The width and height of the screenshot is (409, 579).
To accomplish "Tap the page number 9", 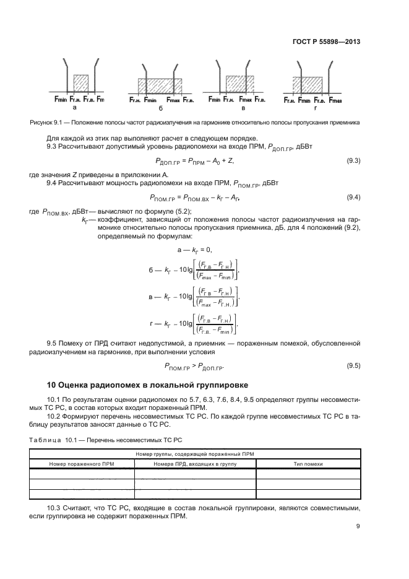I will click(358, 526).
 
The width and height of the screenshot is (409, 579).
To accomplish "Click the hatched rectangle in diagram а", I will click(80, 84).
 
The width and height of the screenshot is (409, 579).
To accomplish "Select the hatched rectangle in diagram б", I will click(160, 85).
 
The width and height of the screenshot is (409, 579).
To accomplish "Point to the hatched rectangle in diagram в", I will click(236, 84).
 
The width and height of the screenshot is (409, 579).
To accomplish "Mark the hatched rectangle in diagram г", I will click(308, 85).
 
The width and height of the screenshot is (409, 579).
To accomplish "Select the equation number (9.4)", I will click(353, 197).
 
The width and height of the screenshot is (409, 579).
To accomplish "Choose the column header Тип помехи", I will click(308, 462).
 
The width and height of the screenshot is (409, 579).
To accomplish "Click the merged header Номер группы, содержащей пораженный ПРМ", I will click(195, 454).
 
